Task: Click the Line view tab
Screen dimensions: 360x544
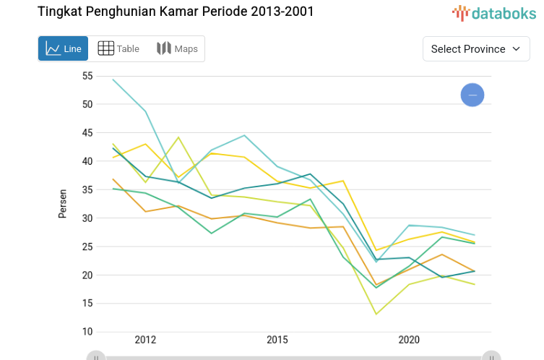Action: click(64, 48)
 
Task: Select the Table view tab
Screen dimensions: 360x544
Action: click(118, 48)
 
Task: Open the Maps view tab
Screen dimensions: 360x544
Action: click(176, 48)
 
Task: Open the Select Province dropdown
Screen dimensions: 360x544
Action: click(475, 48)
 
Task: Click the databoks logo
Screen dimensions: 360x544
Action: click(494, 12)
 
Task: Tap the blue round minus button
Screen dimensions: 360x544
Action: click(472, 95)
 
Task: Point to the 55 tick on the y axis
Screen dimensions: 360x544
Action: click(87, 76)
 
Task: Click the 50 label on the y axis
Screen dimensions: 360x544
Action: click(87, 104)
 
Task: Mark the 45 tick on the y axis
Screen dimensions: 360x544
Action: click(87, 133)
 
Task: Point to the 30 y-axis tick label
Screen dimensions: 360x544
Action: click(87, 218)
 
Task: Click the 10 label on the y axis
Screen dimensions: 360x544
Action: click(87, 332)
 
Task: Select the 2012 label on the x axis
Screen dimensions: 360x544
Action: click(145, 340)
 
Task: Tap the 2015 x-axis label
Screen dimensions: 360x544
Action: click(277, 340)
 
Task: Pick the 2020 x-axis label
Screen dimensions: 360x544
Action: click(409, 340)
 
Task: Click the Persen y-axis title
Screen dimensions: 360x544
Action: click(63, 203)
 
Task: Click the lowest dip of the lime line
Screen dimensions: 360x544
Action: click(376, 314)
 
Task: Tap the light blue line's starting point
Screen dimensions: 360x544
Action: click(113, 80)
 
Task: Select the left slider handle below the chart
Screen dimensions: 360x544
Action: click(96, 356)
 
